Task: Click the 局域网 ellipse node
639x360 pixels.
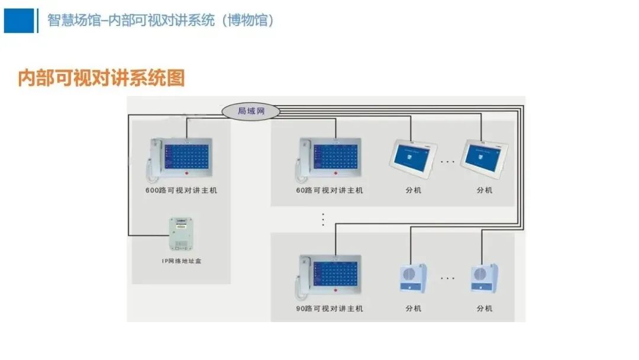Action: pyautogui.click(x=250, y=111)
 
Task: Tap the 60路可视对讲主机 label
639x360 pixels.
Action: pyautogui.click(x=330, y=191)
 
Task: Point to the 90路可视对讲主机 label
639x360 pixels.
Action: pyautogui.click(x=330, y=308)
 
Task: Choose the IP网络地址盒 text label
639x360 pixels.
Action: pyautogui.click(x=181, y=261)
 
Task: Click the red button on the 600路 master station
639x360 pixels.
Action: pyautogui.click(x=187, y=174)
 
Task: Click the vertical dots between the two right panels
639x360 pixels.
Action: pyautogui.click(x=323, y=219)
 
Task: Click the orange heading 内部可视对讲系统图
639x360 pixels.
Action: pyautogui.click(x=101, y=78)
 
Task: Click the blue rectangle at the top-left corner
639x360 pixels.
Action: pyautogui.click(x=19, y=21)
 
